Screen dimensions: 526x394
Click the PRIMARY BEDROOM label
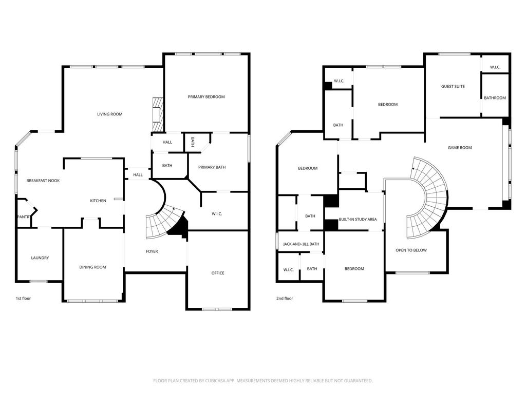tap(206, 97)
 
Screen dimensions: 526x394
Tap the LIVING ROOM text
tap(110, 114)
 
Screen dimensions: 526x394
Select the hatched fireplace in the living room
tap(158, 114)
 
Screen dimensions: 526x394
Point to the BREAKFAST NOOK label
tap(43, 181)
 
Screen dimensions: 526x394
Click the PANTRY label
tap(24, 217)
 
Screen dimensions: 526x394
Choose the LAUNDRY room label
tap(40, 258)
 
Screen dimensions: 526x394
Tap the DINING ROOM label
tap(92, 267)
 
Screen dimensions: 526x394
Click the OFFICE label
tap(218, 273)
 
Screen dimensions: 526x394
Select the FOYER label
tap(152, 251)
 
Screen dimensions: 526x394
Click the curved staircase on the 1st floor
tap(164, 223)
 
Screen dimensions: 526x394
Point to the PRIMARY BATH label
tap(212, 167)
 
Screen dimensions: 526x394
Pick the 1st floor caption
tap(24, 299)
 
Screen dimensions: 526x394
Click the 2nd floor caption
tap(285, 299)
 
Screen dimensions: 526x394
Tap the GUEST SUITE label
tap(453, 86)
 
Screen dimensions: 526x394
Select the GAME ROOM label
tap(460, 148)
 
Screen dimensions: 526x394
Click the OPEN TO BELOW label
tap(411, 250)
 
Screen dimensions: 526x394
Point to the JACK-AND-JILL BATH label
tap(301, 244)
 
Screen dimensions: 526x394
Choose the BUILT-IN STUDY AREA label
tap(358, 220)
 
